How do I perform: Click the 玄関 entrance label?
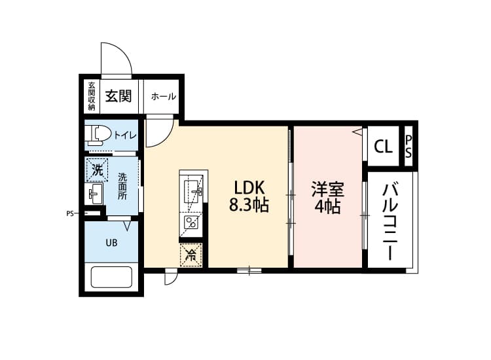point(118,96)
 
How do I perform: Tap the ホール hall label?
point(164,96)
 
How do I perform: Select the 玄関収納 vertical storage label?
point(92,96)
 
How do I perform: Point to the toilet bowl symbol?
point(98,135)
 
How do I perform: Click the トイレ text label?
point(125,135)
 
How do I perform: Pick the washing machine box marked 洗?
point(97,170)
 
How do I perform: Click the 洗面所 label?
point(122,187)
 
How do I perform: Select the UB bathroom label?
point(111,243)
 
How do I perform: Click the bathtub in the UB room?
point(111,277)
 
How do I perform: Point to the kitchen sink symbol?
point(191,191)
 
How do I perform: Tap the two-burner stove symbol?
point(191,223)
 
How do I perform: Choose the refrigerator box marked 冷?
point(191,255)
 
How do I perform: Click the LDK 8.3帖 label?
point(249,196)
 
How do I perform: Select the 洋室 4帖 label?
point(327,197)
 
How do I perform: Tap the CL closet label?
point(383,146)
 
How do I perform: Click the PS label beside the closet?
point(409,147)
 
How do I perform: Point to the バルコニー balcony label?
point(390,223)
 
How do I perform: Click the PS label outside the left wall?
point(70,214)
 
